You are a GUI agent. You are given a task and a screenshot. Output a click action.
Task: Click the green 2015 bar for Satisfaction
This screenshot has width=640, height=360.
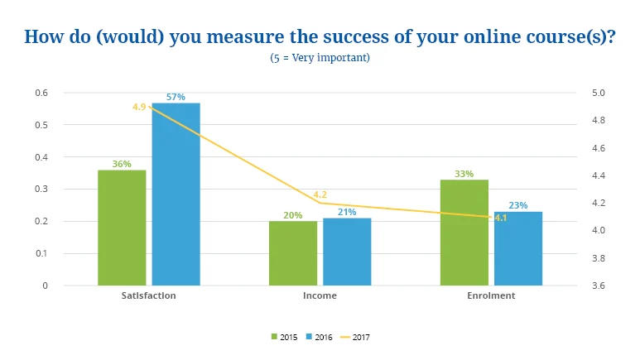point(122,228)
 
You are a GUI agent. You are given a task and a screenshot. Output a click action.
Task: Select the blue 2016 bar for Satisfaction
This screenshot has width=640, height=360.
point(176,194)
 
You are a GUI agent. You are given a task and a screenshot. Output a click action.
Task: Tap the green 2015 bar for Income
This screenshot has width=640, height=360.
point(293,253)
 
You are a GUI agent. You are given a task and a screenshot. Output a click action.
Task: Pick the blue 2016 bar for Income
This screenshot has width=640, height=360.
point(347,252)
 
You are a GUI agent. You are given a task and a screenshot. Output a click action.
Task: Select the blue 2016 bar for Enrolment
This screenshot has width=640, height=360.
point(518,248)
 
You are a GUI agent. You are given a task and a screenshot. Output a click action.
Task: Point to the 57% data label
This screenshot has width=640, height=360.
point(176,97)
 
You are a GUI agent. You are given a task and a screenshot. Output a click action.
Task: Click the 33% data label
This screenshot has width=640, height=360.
point(464,174)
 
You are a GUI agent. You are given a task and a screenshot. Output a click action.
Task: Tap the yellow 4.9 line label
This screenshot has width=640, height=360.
point(139,107)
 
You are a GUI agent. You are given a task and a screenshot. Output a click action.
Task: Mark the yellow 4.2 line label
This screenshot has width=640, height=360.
point(320,194)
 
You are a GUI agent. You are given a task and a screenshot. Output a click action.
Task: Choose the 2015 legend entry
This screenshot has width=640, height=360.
point(284,337)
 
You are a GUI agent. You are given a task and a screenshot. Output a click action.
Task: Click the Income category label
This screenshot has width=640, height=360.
point(320,295)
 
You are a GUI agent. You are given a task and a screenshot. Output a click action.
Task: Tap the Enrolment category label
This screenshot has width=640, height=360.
point(491,295)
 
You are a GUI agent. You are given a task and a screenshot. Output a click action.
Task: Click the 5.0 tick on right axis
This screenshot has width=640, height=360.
point(597,93)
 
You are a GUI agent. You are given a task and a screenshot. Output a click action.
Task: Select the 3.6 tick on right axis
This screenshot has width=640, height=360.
point(597,286)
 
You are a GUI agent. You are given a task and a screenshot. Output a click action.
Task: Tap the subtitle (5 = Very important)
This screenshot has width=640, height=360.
point(320,58)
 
